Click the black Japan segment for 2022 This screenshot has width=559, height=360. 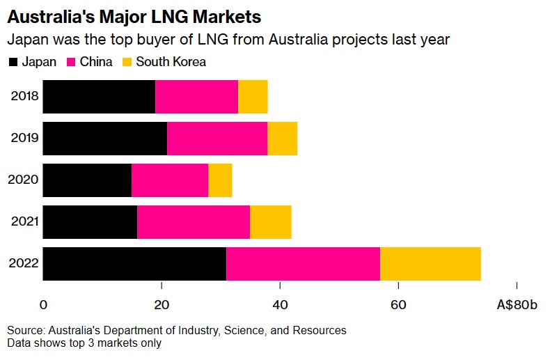click(134, 264)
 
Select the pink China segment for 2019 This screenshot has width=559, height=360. click(217, 139)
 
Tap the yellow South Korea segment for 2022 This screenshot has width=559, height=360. click(430, 264)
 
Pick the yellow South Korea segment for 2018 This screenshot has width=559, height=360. click(253, 97)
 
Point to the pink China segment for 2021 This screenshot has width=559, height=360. click(194, 222)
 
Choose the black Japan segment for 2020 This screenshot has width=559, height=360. click(87, 180)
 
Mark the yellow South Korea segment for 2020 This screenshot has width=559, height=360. click(220, 180)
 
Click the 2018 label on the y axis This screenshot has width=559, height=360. click(24, 97)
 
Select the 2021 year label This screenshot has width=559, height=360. click(24, 222)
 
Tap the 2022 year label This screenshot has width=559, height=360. click(24, 264)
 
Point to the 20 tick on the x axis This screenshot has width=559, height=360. click(162, 304)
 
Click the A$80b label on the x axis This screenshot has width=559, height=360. click(517, 304)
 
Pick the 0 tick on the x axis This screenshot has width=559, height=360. click(43, 304)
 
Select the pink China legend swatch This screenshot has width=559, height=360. click(71, 62)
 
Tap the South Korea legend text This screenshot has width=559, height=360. click(171, 62)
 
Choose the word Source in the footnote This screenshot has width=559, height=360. click(25, 329)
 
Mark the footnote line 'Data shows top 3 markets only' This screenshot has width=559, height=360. click(84, 343)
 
